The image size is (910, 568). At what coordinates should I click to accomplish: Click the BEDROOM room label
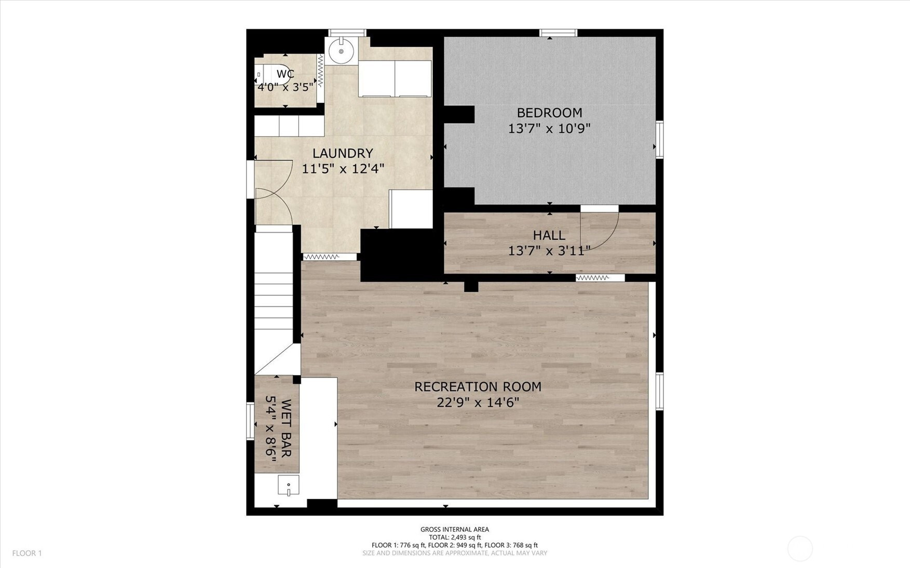[549, 113]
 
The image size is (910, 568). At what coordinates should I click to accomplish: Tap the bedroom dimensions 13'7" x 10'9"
[549, 128]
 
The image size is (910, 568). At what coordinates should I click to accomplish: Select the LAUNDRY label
[343, 153]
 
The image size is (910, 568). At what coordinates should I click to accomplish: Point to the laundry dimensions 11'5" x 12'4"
[343, 169]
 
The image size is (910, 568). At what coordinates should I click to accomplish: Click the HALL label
[549, 235]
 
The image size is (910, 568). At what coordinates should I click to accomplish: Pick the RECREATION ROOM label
[478, 387]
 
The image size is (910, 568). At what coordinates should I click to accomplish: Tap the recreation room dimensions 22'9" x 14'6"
[478, 402]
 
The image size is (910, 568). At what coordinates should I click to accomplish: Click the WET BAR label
[286, 428]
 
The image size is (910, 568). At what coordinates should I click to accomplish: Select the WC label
[286, 74]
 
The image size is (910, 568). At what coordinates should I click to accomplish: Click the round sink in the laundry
[341, 51]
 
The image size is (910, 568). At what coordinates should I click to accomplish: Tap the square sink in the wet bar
[289, 485]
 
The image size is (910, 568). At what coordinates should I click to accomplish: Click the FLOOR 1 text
[27, 553]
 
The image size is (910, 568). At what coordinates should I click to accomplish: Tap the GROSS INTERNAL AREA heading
[455, 530]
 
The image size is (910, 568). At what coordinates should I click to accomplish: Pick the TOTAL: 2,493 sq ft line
[455, 537]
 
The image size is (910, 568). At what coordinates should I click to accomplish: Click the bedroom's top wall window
[559, 33]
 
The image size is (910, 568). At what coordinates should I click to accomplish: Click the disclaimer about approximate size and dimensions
[455, 553]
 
